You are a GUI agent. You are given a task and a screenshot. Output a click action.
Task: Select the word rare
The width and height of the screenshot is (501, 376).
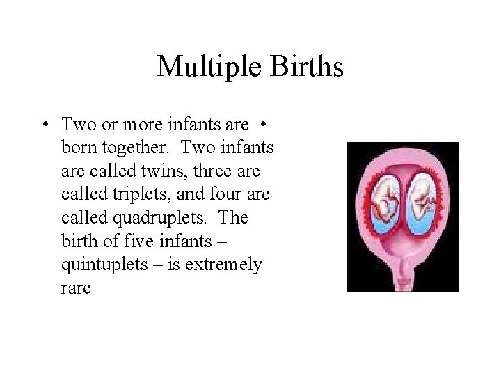pyautogui.click(x=76, y=288)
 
